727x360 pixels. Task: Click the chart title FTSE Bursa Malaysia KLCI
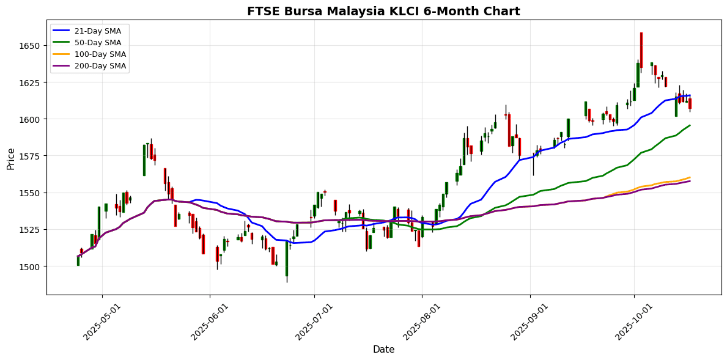383,11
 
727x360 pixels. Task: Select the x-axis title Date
383,350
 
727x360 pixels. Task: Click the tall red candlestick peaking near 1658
641,50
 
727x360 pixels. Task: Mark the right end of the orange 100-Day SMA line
690,177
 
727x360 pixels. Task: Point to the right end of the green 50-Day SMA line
690,125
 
